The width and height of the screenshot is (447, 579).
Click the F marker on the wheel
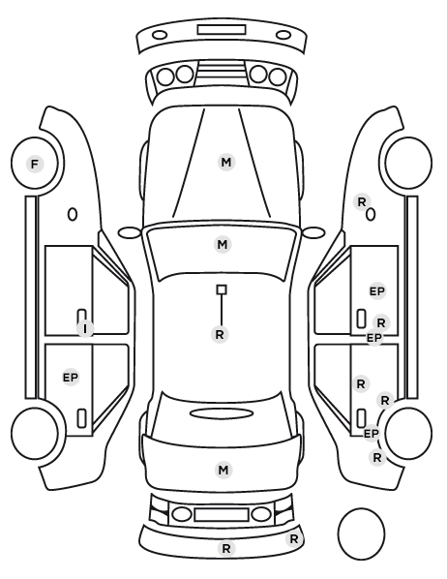(35, 164)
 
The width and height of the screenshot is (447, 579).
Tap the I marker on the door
(85, 328)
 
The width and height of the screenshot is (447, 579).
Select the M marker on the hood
(226, 162)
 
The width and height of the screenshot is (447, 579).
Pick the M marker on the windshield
(223, 244)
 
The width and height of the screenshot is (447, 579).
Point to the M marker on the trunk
(223, 470)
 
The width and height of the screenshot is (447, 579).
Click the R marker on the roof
(220, 335)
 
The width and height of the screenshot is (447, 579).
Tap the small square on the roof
(222, 289)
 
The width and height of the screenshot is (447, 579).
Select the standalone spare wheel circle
(361, 533)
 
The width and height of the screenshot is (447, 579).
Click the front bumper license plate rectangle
(222, 30)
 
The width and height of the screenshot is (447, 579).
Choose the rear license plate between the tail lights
(222, 514)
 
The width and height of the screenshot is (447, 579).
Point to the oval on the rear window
(222, 413)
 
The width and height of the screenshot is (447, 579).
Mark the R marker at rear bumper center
(226, 549)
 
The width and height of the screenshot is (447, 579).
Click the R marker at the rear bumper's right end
(294, 539)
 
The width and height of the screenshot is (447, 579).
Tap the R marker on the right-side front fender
(362, 202)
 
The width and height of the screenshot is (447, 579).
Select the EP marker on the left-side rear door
(71, 378)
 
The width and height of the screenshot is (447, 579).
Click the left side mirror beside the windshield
(130, 233)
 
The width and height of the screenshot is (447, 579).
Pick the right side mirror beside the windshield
(313, 233)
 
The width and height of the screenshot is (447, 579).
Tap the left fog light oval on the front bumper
(160, 35)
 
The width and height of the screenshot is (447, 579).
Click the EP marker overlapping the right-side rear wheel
(372, 433)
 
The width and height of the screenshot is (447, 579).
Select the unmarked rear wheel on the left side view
(35, 433)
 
